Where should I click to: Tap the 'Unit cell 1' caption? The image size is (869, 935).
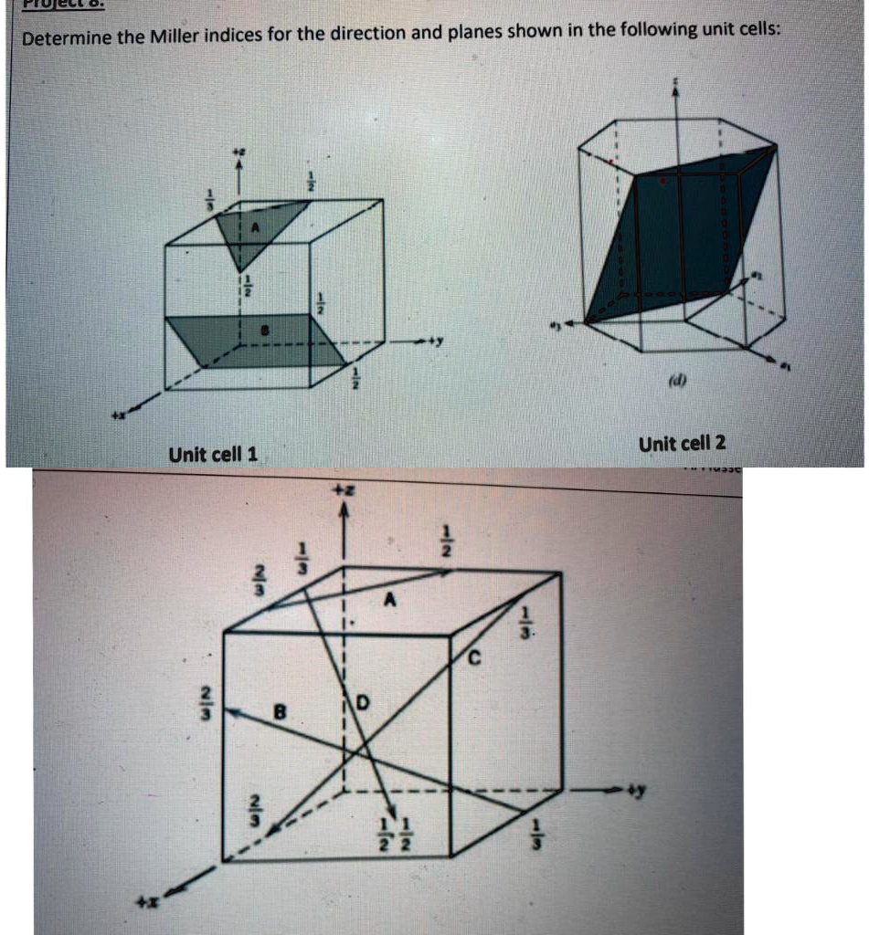pos(213,454)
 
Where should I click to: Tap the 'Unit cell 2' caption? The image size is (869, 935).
pos(683,444)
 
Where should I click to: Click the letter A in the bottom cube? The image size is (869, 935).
pos(390,600)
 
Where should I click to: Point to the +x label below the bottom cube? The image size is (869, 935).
pos(145,902)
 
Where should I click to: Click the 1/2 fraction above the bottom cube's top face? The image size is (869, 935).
pos(448,541)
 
